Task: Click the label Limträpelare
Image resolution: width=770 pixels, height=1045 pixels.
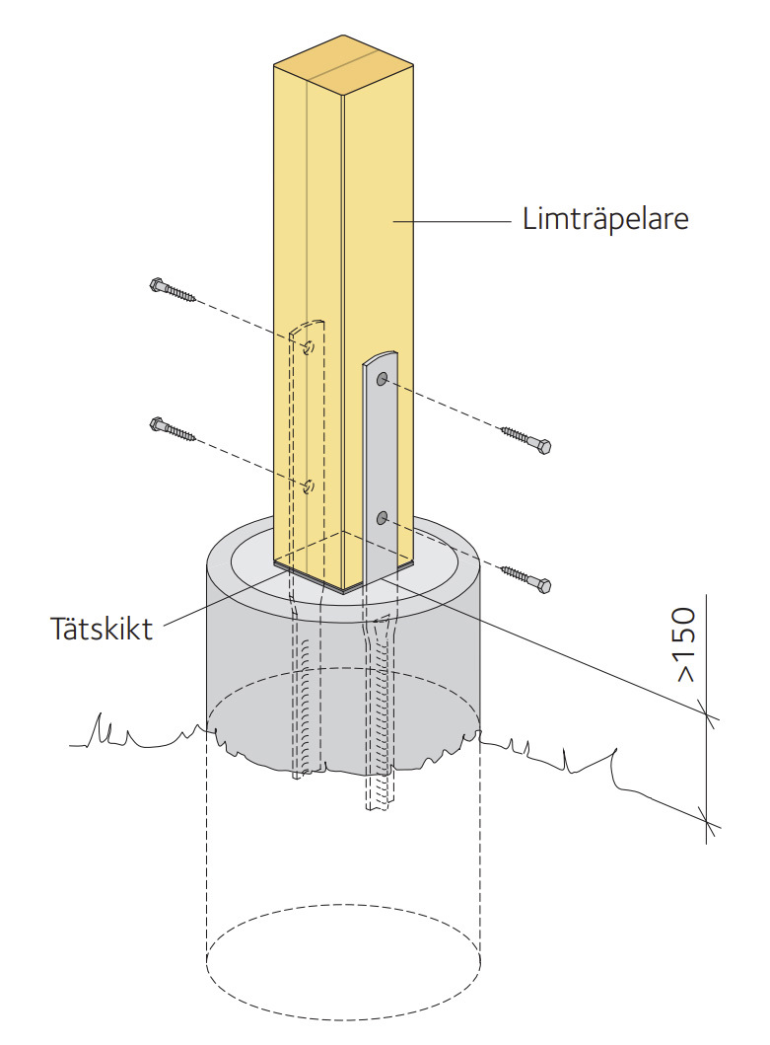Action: coord(604,219)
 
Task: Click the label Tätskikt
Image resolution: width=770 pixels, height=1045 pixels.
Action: coord(102,629)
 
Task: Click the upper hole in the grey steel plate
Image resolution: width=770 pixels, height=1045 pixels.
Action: coord(382,379)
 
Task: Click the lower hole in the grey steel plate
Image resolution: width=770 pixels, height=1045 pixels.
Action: coord(382,517)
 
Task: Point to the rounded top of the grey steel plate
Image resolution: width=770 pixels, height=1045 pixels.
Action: coord(380,355)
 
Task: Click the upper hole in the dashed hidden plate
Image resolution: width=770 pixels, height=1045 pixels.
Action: coord(309,346)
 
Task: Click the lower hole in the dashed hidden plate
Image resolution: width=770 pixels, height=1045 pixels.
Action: coord(309,485)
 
